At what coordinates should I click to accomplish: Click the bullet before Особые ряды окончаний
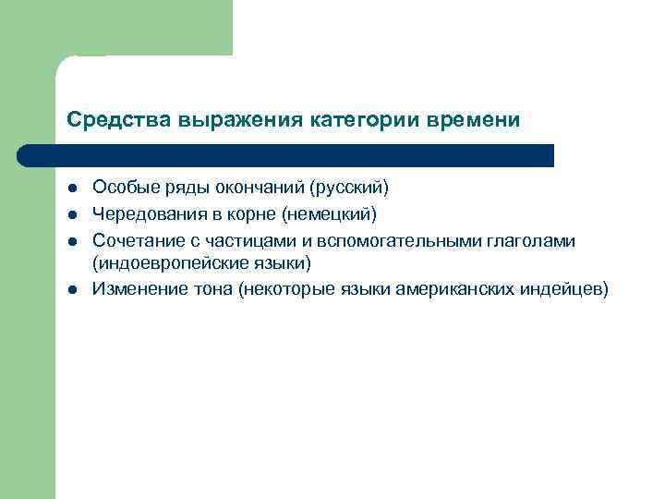click(71, 189)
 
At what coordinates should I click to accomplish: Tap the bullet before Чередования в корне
click(71, 215)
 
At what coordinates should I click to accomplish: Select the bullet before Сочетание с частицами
click(71, 241)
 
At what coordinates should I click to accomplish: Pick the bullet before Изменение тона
click(71, 290)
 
